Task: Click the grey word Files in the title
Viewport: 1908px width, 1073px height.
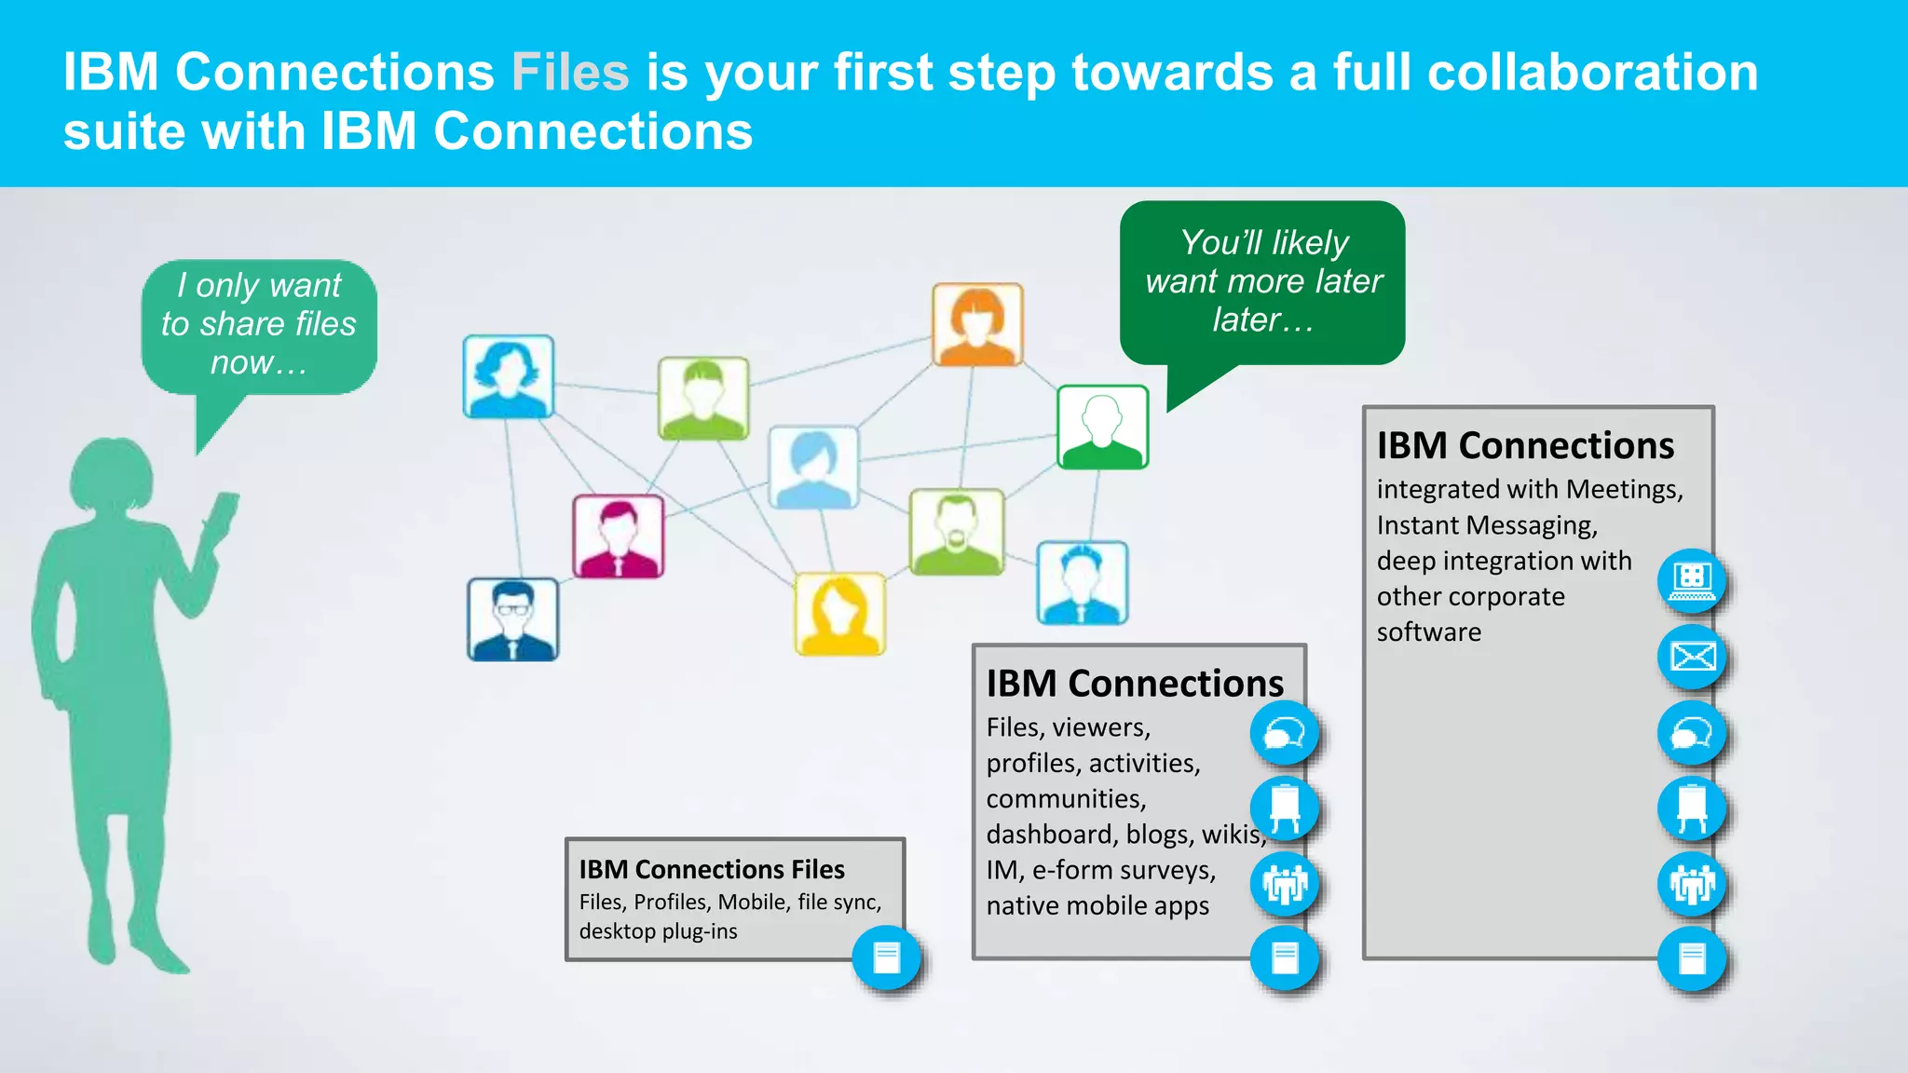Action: (569, 73)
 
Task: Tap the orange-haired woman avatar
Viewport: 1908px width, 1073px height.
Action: (977, 325)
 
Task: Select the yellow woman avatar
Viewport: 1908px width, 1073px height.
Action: (839, 615)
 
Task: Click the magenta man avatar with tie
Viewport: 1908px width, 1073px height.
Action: (619, 536)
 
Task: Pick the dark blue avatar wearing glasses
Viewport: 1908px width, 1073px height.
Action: (512, 619)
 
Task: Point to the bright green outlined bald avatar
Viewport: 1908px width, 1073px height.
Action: (1102, 427)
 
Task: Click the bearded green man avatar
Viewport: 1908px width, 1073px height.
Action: (957, 532)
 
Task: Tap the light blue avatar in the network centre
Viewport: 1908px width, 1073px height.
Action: (813, 468)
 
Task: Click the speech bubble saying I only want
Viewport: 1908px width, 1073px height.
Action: (259, 325)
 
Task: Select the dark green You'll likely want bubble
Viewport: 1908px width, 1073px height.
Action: (1262, 282)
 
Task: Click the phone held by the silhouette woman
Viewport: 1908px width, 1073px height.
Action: (223, 516)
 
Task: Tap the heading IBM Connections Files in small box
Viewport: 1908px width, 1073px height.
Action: (712, 869)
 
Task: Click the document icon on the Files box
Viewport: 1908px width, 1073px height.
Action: (886, 958)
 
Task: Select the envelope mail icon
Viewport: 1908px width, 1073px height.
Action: (1692, 658)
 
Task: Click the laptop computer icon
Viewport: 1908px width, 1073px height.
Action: (1692, 581)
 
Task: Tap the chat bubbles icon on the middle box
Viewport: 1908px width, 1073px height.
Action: (1284, 734)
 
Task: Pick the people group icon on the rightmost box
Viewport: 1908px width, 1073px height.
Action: (1692, 884)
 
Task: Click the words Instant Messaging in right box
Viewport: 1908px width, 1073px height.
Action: (1487, 525)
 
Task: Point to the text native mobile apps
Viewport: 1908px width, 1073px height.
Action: (1097, 905)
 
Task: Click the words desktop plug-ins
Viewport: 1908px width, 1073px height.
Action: (658, 931)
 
